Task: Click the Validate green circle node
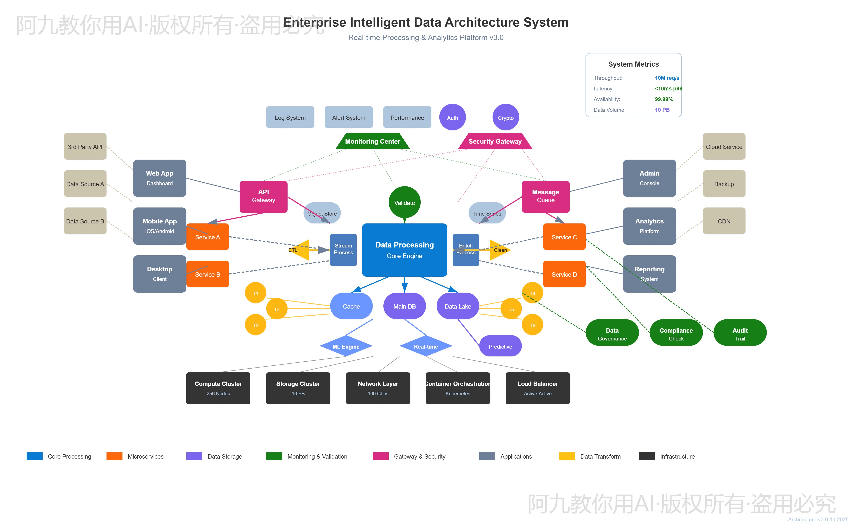point(404,203)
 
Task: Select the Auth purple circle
point(452,117)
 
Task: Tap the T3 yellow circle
point(256,325)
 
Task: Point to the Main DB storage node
point(404,306)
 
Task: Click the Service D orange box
point(564,274)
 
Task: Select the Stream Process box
point(343,249)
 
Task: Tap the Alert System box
point(348,117)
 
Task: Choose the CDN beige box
point(724,221)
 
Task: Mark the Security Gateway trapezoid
point(495,141)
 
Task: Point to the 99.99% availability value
point(664,99)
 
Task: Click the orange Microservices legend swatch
point(114,456)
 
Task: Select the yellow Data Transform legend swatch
point(567,456)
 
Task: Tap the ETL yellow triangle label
point(296,250)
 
